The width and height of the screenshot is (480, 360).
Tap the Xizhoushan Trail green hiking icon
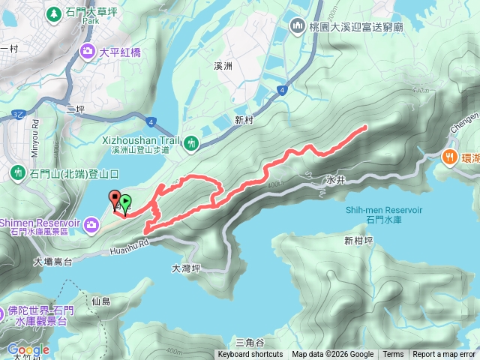(x=191, y=142)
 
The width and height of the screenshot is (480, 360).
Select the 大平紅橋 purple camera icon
(x=88, y=52)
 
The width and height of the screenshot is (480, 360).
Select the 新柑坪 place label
(x=358, y=241)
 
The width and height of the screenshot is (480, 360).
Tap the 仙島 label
(x=100, y=301)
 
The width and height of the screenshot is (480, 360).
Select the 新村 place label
(x=245, y=118)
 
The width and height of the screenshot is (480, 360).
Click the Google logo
(x=28, y=349)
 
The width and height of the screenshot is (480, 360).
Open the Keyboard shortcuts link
(x=250, y=355)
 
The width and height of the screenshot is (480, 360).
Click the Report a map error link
(x=445, y=355)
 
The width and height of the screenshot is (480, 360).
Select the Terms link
(x=393, y=355)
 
